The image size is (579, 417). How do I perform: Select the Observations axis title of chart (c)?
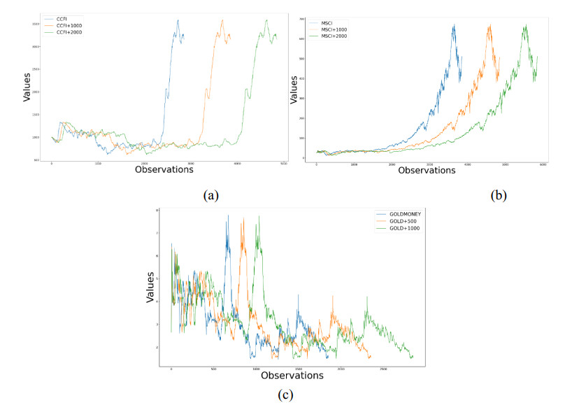coord(292,375)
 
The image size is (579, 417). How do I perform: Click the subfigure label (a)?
coord(210,196)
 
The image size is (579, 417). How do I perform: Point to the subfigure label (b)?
coord(498,196)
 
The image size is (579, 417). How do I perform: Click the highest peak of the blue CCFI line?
coord(178,20)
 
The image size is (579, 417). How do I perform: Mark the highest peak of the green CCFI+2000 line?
coord(266,20)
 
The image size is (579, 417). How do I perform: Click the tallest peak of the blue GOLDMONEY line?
coord(227,215)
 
